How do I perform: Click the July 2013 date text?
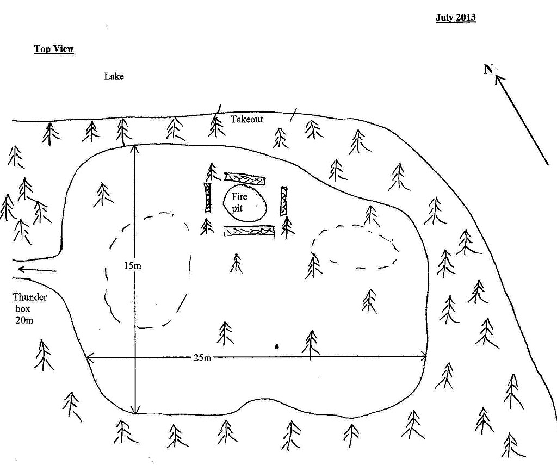pos(455,17)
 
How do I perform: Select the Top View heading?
pos(54,49)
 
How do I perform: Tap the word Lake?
pos(114,77)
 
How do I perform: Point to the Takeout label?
pos(246,119)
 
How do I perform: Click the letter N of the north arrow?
pos(488,70)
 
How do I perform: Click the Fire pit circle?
pos(245,201)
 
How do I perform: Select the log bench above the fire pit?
pos(245,178)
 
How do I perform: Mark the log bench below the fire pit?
pos(249,231)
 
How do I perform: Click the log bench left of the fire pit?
pos(207,197)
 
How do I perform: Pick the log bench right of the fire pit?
pos(284,201)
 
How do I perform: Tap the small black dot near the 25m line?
pos(277,345)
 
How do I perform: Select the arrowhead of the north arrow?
pos(499,79)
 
